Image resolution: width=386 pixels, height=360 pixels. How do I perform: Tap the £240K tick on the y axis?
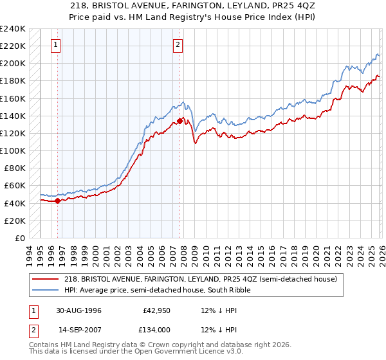tap(13, 29)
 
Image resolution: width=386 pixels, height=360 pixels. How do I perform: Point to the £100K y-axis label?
tap(13, 150)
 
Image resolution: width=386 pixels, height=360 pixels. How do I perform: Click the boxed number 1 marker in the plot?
tap(57, 44)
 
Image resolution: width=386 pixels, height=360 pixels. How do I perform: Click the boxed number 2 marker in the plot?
tap(177, 44)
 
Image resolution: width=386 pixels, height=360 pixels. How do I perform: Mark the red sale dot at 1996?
tap(58, 201)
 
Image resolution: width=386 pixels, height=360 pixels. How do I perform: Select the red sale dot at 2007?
tap(179, 121)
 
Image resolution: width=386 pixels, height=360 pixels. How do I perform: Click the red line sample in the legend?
tap(46, 279)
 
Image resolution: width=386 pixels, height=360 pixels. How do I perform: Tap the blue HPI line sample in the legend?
tap(46, 290)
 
